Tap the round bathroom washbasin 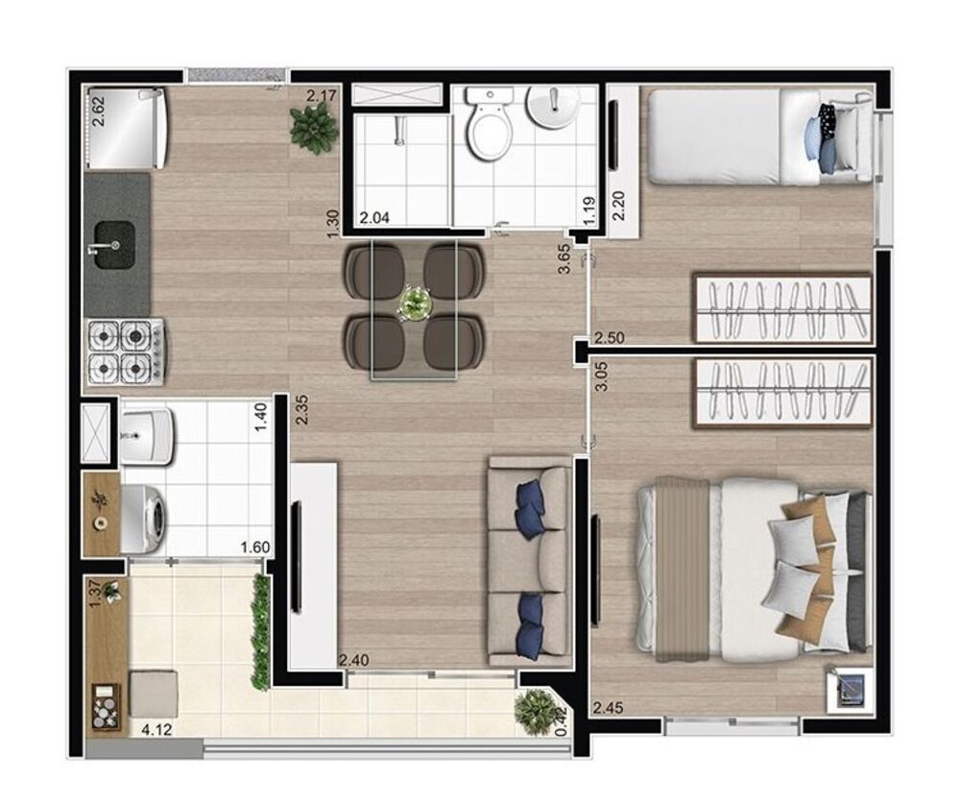click(550, 109)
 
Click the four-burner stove click(123, 351)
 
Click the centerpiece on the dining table click(415, 304)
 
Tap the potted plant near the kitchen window click(313, 129)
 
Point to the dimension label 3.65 click(566, 259)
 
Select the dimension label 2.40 click(353, 660)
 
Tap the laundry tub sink click(146, 432)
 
